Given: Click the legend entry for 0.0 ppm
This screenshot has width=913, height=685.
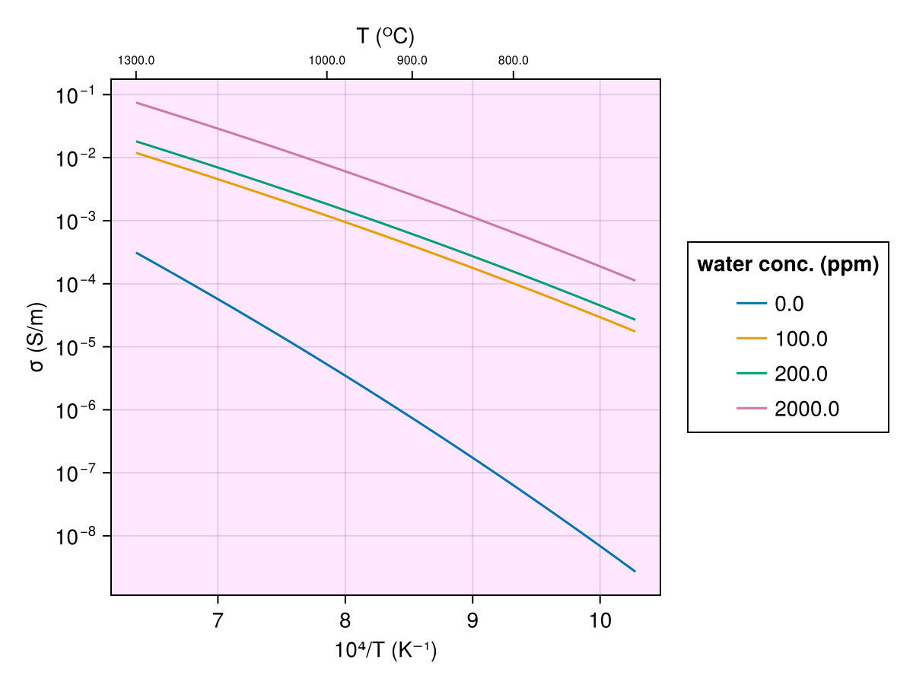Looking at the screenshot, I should point(789,304).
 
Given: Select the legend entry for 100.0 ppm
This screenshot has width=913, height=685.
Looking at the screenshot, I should point(800,339).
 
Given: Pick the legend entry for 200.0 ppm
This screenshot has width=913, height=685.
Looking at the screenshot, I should point(800,374).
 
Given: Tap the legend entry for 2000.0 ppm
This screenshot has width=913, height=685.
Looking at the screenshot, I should point(806,409).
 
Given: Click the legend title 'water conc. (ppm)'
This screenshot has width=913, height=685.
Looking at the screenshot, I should point(788,265).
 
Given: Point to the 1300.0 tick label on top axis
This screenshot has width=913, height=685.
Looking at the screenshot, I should point(136,61).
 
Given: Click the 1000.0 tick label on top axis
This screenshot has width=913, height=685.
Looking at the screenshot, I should point(327,61).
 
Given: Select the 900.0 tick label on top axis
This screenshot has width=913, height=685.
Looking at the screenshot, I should point(412,61).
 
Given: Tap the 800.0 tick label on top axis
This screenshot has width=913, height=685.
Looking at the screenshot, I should point(514,61).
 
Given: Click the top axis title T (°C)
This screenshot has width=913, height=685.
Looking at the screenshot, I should point(386,37).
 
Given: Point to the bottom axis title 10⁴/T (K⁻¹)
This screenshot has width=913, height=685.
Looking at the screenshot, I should point(386,652).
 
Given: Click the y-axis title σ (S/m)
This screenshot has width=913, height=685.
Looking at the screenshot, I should point(37,337).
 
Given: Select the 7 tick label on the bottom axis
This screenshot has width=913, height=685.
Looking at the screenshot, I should point(218,620).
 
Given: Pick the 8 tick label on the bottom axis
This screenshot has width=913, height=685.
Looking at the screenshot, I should point(345,620).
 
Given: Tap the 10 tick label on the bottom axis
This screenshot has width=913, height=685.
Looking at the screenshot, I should point(600,620).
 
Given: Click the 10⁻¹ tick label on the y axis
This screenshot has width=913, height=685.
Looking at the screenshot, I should point(74,96).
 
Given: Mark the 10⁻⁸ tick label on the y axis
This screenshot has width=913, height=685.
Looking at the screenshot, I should point(74,537).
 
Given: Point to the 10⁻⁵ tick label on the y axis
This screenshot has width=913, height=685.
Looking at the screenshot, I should point(74,348).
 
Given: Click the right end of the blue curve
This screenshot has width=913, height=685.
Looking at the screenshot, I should point(635,571).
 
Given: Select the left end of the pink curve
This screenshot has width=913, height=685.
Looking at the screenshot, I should point(137,103).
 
